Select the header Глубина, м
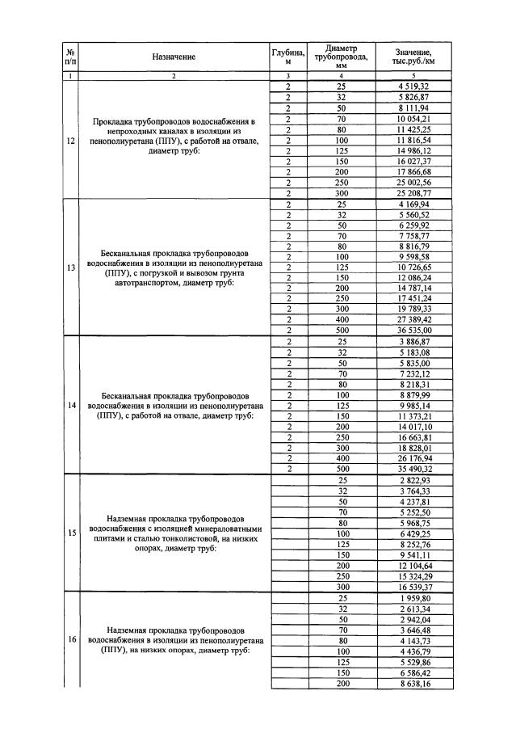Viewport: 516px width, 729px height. coord(287,57)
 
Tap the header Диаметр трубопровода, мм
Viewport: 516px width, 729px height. coord(340,57)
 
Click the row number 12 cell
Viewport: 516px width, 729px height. coord(71,139)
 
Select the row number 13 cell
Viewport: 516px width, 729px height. coord(71,268)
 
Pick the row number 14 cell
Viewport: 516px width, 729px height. coord(71,405)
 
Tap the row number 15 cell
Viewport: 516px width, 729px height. coord(71,532)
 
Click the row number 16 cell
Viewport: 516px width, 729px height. coord(71,638)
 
